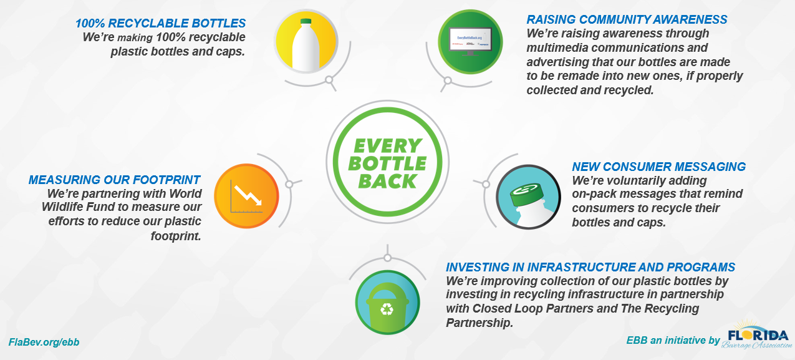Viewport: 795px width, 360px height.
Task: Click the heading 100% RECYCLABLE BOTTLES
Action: pos(160,24)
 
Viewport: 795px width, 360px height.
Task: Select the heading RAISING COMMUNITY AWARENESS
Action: pos(627,20)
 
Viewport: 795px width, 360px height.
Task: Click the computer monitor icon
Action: pos(470,42)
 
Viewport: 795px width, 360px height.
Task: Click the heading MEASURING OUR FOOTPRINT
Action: pos(114,180)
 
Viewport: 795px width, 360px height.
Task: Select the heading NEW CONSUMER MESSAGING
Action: pos(658,167)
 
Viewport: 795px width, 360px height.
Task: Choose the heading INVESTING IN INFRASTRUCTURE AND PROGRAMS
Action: pos(590,268)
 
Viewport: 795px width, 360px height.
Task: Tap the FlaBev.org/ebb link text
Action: pos(44,343)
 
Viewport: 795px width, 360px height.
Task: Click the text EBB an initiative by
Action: pos(673,341)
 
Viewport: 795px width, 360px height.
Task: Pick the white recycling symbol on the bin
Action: pos(387,308)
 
